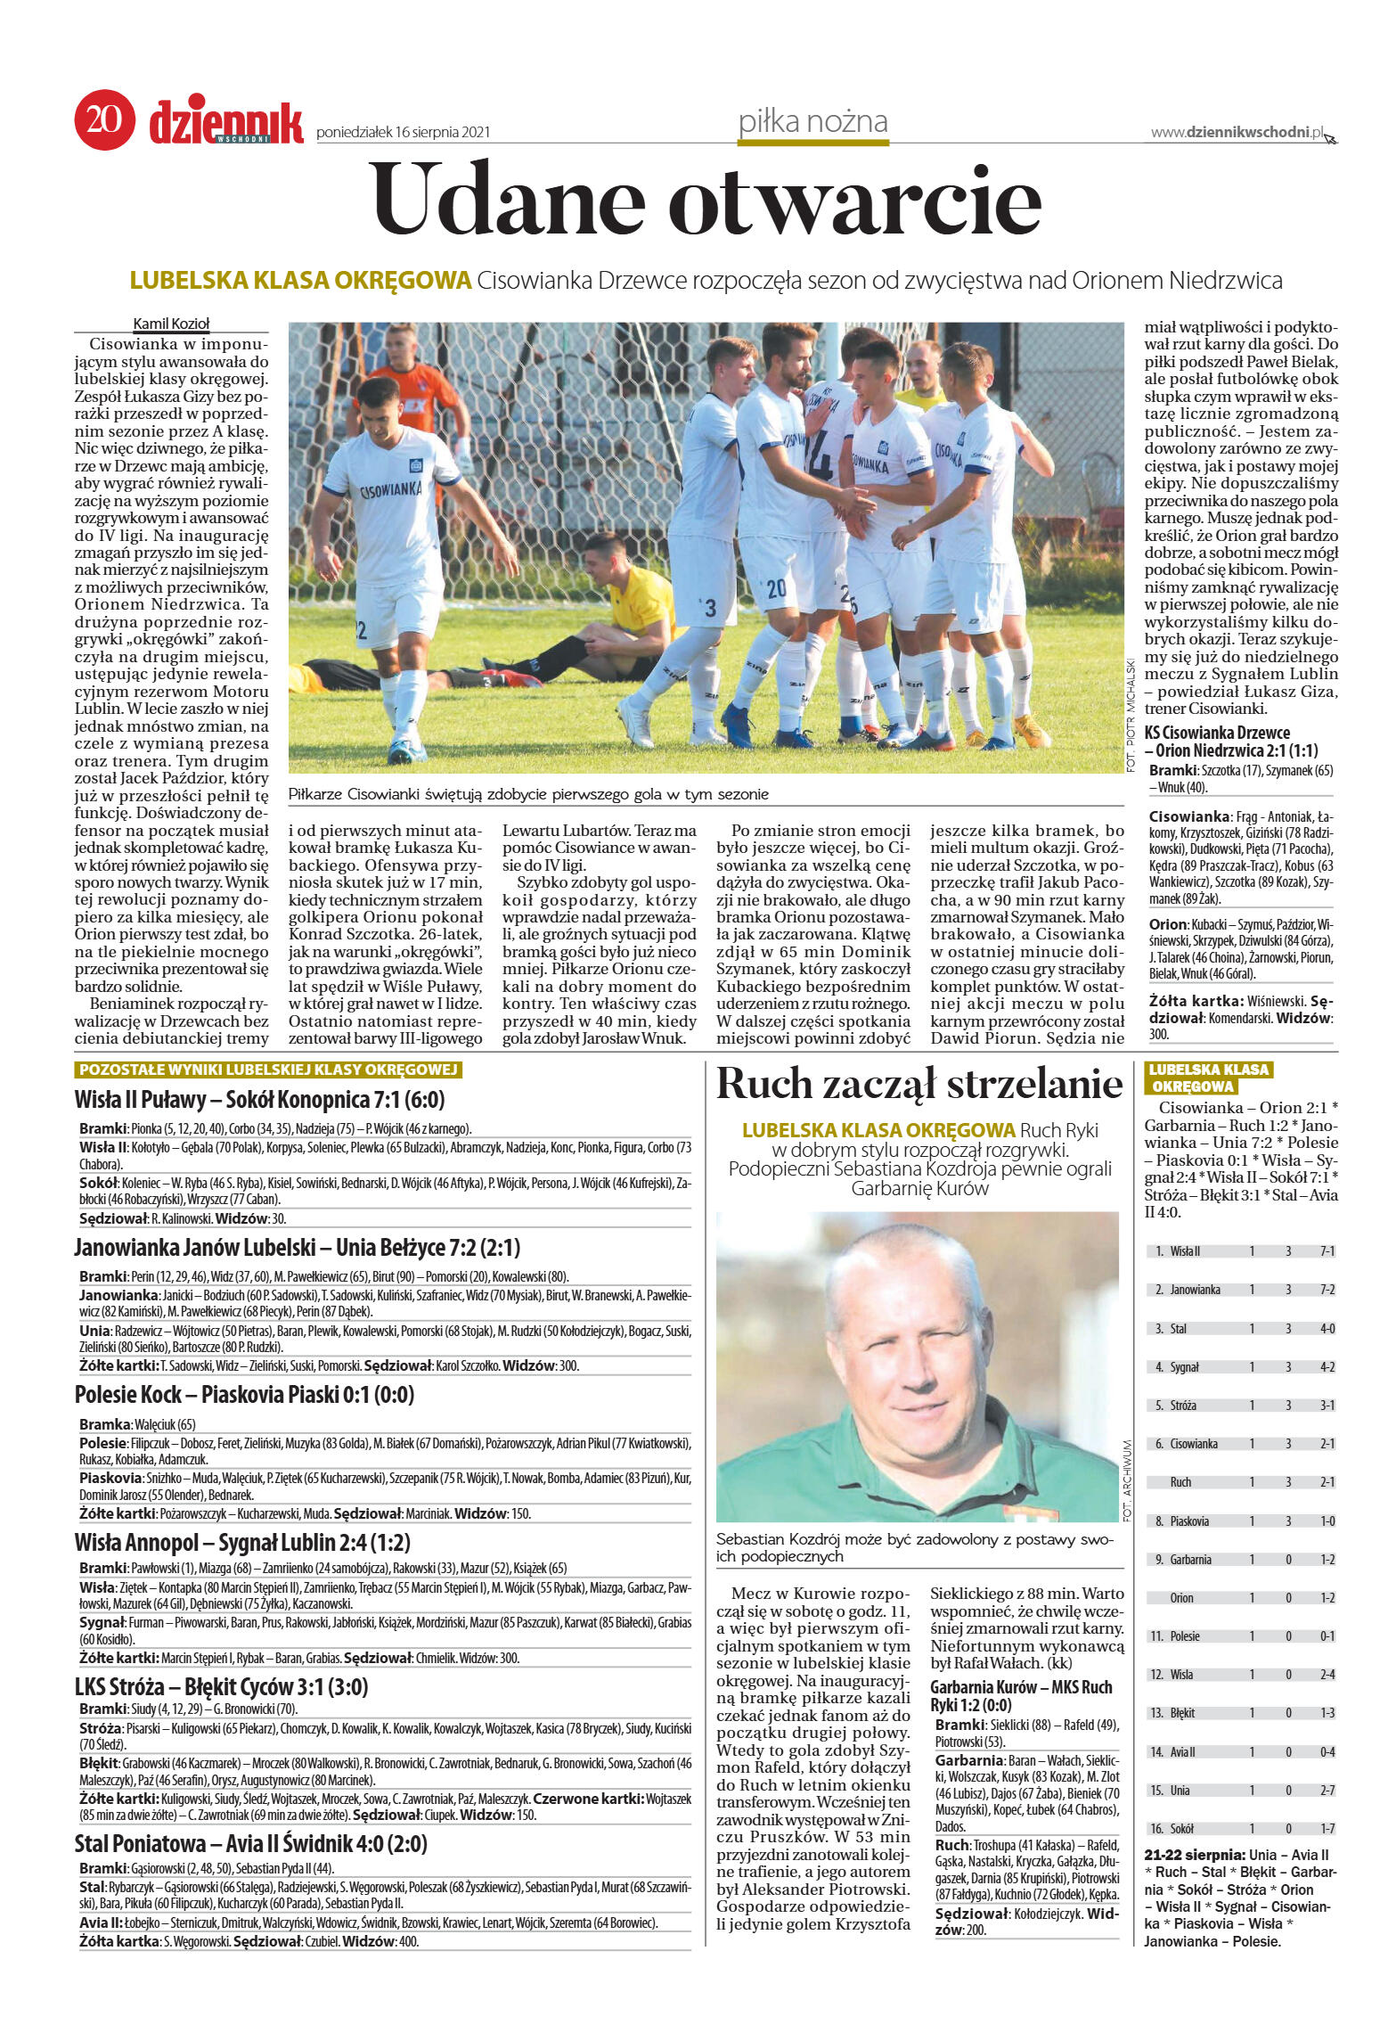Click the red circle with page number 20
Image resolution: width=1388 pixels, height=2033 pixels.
pyautogui.click(x=104, y=119)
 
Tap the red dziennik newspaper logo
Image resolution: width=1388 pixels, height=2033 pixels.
pyautogui.click(x=226, y=122)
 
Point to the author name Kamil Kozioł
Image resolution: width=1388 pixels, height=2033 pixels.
pyautogui.click(x=171, y=324)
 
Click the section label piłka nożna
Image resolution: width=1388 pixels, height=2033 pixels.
pyautogui.click(x=812, y=121)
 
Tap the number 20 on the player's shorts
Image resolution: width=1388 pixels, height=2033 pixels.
pyautogui.click(x=776, y=587)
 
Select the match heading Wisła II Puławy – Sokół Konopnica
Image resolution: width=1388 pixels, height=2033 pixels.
pyautogui.click(x=259, y=1099)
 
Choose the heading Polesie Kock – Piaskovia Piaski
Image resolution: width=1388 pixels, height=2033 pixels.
pyautogui.click(x=244, y=1395)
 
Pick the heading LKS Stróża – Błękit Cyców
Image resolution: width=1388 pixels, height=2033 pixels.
pyautogui.click(x=221, y=1687)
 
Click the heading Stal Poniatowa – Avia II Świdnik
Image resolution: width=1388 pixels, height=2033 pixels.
pyautogui.click(x=250, y=1844)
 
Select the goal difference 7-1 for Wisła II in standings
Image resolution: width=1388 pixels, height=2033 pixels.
pyautogui.click(x=1327, y=1251)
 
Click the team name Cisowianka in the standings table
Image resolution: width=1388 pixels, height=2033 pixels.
pyautogui.click(x=1193, y=1444)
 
